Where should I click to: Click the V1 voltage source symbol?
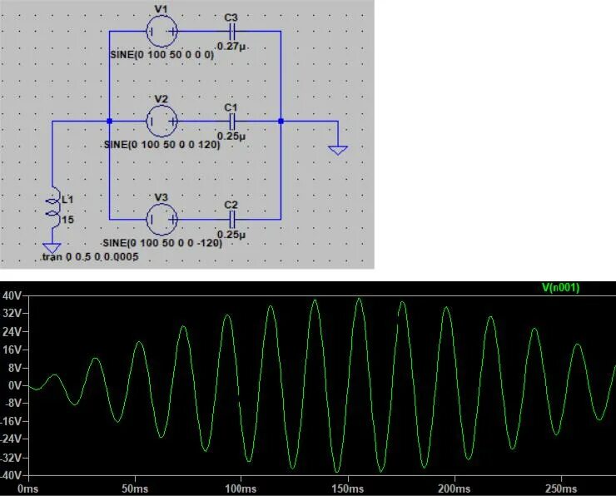[x=161, y=31]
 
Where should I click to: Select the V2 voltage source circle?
[x=161, y=122]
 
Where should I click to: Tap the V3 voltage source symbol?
[x=161, y=219]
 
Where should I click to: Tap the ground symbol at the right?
[x=337, y=149]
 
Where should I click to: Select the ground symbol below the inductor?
[x=52, y=248]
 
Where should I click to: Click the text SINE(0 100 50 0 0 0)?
[x=161, y=54]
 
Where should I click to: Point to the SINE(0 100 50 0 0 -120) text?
[x=163, y=243]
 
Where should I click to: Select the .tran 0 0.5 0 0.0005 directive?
[x=90, y=258]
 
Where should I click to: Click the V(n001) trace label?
[x=560, y=288]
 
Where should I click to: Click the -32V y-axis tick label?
[x=11, y=458]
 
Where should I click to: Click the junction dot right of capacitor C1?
[x=281, y=122]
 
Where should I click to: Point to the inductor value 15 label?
[x=68, y=219]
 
